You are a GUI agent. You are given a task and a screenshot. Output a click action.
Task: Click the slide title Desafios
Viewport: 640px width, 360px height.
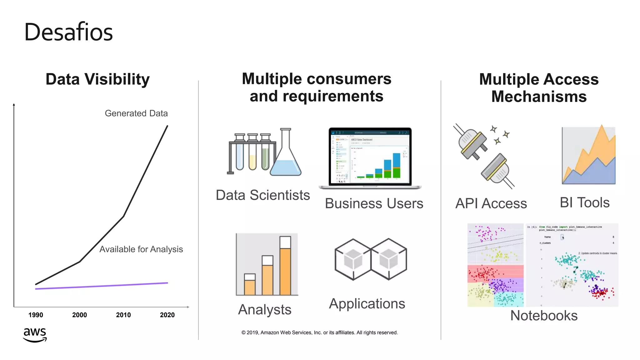coord(68,32)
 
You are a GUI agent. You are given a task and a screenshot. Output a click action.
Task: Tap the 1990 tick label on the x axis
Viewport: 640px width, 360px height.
coord(36,315)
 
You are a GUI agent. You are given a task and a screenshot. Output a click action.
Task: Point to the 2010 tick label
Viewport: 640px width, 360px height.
coord(123,315)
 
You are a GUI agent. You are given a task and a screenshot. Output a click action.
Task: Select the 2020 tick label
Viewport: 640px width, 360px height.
coord(167,315)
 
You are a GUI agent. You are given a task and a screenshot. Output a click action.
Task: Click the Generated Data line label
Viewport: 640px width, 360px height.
coord(136,113)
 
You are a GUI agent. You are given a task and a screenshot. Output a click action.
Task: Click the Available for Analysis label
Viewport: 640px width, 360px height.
coord(141,249)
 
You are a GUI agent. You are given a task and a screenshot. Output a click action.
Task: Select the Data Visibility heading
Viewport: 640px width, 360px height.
coord(97,79)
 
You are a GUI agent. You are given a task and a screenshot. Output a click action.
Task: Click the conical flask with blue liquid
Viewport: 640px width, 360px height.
coord(285,162)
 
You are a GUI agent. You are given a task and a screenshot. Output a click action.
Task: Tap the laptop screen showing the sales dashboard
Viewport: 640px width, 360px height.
coord(370,156)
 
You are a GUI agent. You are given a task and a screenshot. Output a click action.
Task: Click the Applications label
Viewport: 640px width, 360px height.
coord(367,304)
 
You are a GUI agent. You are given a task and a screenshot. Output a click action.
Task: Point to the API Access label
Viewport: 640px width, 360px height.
coord(491,203)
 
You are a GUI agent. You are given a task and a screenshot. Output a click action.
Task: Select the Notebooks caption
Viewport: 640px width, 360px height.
coord(544,316)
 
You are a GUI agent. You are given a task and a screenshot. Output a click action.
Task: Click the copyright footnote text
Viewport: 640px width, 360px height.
coord(319,332)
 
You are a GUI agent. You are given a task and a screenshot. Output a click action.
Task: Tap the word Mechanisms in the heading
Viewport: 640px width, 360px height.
coord(539,97)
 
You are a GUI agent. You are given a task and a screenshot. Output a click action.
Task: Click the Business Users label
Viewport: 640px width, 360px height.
coord(374,203)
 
